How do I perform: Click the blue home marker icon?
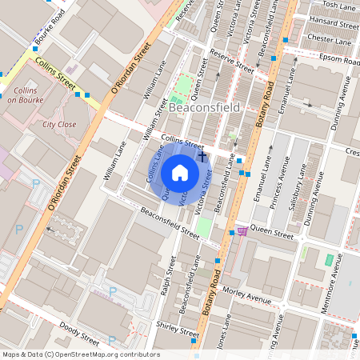click(180, 173)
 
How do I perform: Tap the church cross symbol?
click(202, 157)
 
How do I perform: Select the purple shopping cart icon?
click(242, 231)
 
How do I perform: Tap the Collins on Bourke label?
click(30, 97)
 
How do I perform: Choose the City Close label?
click(59, 125)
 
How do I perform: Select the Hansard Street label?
click(330, 22)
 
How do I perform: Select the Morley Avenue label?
click(249, 294)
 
